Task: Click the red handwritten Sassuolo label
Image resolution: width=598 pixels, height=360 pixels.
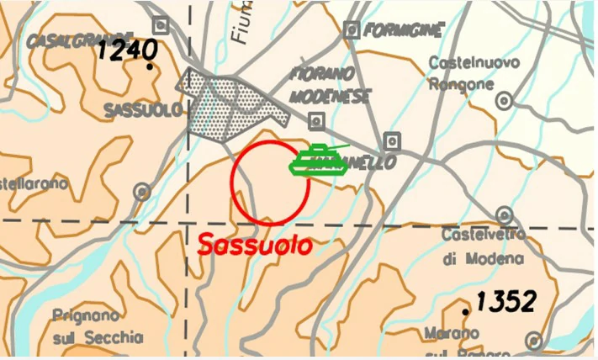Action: point(254,246)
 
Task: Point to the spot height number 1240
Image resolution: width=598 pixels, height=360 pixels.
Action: point(127,50)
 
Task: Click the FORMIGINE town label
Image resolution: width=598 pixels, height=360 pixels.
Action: point(404,31)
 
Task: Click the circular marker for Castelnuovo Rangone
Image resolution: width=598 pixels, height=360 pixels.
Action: point(504,101)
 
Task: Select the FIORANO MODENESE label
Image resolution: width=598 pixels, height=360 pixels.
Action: point(330,85)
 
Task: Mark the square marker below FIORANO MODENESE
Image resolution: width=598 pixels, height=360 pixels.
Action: point(315,121)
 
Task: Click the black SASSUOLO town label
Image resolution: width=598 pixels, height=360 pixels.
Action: point(143,110)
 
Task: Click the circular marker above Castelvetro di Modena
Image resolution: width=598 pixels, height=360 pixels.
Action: point(503,214)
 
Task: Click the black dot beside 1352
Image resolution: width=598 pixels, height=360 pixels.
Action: point(465,312)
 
